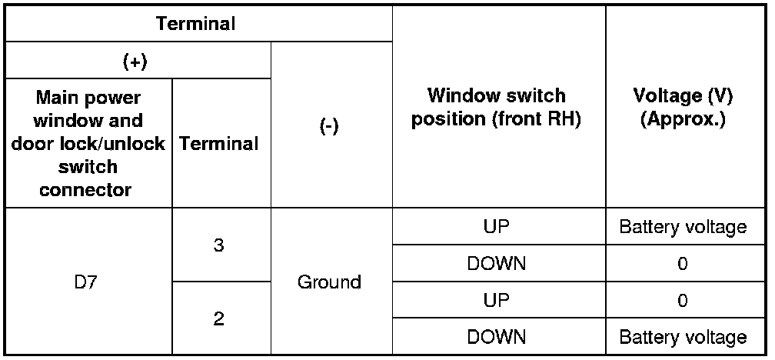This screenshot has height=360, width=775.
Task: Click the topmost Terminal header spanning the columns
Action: tap(196, 23)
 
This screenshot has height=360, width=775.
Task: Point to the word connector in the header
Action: tap(85, 190)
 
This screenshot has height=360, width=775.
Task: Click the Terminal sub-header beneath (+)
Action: tap(219, 143)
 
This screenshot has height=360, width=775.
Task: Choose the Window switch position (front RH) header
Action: tap(496, 108)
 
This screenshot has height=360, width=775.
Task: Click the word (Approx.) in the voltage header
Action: tap(683, 120)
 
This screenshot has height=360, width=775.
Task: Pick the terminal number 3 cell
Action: tap(219, 245)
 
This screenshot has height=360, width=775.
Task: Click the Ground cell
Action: tap(329, 282)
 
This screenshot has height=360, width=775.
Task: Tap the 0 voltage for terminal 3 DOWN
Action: tap(683, 264)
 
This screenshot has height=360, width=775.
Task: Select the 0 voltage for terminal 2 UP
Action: tap(683, 300)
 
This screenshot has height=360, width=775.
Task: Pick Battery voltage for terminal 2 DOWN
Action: tap(683, 337)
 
